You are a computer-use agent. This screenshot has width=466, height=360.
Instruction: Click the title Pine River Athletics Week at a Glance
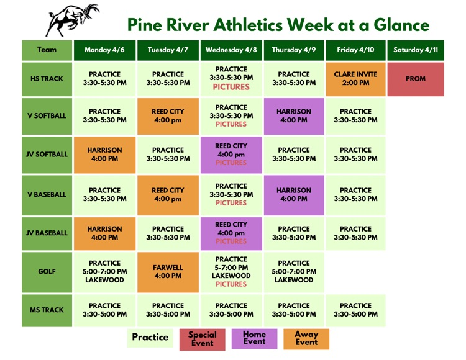pos(278,25)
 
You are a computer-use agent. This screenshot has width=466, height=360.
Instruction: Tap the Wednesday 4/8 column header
pos(231,50)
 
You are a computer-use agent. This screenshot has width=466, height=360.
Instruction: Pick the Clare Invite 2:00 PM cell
pos(355,79)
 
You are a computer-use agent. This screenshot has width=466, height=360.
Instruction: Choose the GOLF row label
pos(47,271)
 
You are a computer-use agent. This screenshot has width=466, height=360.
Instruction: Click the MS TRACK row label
pos(47,310)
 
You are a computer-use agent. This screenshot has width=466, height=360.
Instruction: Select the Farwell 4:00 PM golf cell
pos(168,271)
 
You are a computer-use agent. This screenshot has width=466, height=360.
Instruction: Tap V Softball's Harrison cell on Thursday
pos(294,116)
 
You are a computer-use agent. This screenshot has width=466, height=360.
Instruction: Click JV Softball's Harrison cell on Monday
pos(104,155)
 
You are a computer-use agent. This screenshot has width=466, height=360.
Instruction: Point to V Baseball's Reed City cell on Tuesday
pos(168,195)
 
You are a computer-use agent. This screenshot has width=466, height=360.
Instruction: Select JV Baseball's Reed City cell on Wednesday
pos(231,233)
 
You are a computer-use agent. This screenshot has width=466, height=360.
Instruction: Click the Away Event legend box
pos(306,338)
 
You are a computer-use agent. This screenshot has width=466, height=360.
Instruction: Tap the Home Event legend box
pos(254,338)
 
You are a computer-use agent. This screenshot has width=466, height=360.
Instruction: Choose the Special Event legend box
pos(203,339)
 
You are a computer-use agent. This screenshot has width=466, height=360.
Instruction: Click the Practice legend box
pos(150,338)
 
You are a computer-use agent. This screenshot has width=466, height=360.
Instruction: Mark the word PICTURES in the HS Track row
pos(231,87)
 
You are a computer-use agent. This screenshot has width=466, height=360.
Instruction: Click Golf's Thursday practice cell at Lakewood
pos(294,271)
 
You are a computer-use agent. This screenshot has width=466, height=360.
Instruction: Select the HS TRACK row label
pos(47,79)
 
